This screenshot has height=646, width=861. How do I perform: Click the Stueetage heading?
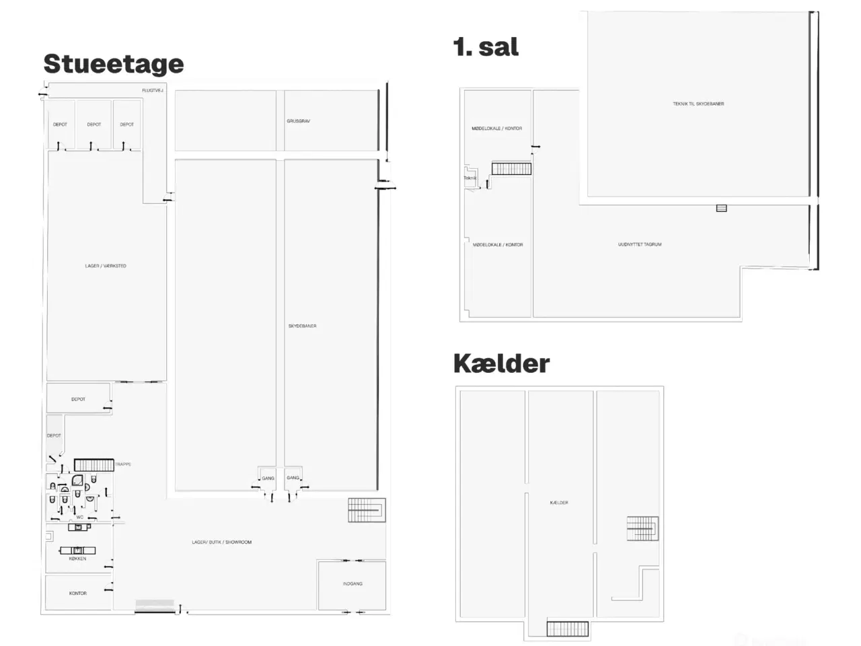[x=113, y=64]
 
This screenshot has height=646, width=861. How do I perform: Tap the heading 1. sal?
[x=486, y=47]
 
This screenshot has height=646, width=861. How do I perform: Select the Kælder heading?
[x=501, y=363]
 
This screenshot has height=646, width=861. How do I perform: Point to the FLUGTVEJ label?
[x=153, y=90]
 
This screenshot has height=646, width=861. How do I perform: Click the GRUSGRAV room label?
[x=298, y=121]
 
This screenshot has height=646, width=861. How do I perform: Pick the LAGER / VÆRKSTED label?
[x=106, y=266]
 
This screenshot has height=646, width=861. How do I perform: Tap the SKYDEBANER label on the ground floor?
[x=302, y=326]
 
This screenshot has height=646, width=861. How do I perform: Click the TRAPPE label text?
[x=123, y=464]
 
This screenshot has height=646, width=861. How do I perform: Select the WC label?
[x=79, y=517]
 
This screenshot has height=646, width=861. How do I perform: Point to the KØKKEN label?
[x=77, y=559]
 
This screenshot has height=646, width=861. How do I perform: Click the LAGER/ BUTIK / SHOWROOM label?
[x=221, y=542]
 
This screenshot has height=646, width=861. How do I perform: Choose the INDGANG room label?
[x=352, y=583]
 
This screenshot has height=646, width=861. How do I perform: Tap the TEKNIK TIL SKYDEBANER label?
[x=698, y=104]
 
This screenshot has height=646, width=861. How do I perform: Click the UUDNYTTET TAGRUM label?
[x=640, y=244]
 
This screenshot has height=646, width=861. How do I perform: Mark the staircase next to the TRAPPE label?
[x=93, y=465]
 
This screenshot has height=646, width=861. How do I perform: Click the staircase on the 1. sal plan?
[x=511, y=168]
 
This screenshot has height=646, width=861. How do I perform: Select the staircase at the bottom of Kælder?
[x=567, y=629]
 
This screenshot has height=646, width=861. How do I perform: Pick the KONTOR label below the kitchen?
[x=77, y=593]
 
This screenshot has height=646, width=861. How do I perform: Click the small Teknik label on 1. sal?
[x=470, y=178]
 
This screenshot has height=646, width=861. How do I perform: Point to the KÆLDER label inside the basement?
[x=559, y=503]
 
